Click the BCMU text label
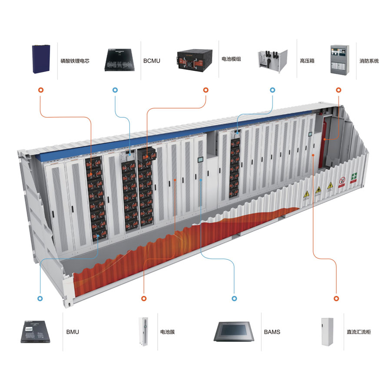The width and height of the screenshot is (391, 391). click(x=152, y=61)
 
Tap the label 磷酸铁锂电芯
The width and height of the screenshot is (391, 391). click(x=75, y=61)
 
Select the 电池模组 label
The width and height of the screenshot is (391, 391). click(x=231, y=59)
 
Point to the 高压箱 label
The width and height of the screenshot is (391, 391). click(x=307, y=61)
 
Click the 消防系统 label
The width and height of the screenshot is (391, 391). click(x=369, y=61)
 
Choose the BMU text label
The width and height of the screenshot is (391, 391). click(x=73, y=332)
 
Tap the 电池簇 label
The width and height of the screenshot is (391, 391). click(x=167, y=332)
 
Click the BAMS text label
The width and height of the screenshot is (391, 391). click(x=272, y=332)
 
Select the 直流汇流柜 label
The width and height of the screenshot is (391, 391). click(x=358, y=332)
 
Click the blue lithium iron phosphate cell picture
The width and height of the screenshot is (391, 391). click(x=41, y=59)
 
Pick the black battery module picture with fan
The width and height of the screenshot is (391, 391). click(x=195, y=60)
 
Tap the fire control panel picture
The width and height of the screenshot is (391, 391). click(x=339, y=60)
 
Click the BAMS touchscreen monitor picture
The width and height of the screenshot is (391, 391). click(x=234, y=331)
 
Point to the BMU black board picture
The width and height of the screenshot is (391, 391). click(x=35, y=331)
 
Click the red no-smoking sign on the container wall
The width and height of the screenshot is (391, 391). click(x=342, y=180)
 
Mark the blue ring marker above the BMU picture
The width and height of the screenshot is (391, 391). click(x=40, y=298)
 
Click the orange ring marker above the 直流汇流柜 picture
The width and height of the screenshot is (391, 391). click(x=336, y=298)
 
